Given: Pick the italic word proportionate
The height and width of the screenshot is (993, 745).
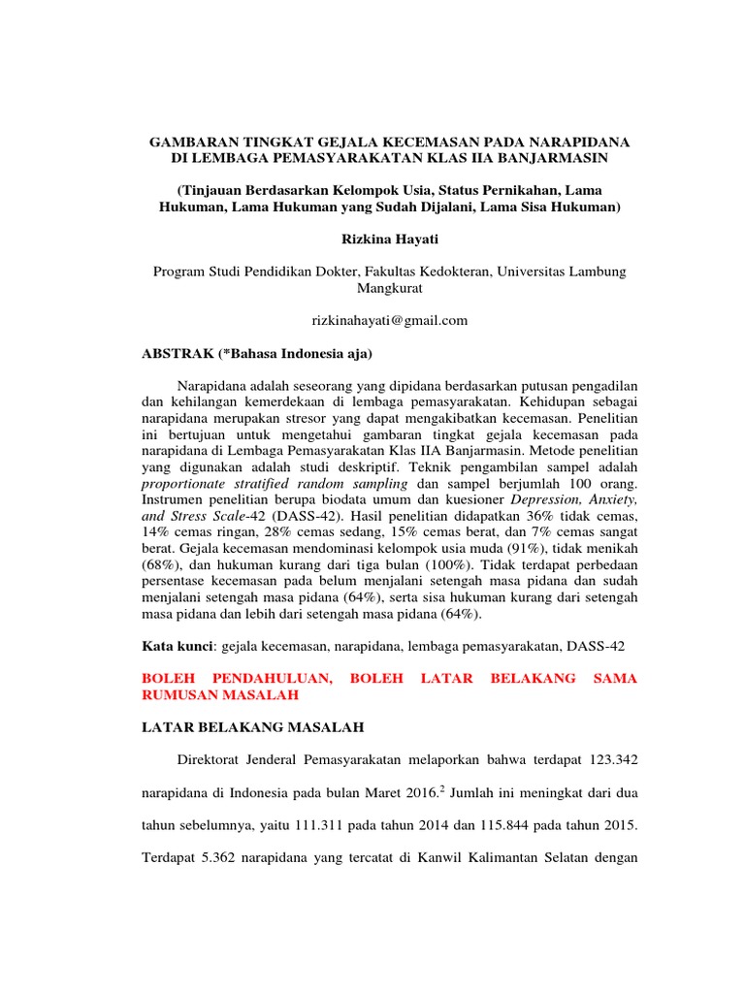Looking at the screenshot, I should coord(184,483).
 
